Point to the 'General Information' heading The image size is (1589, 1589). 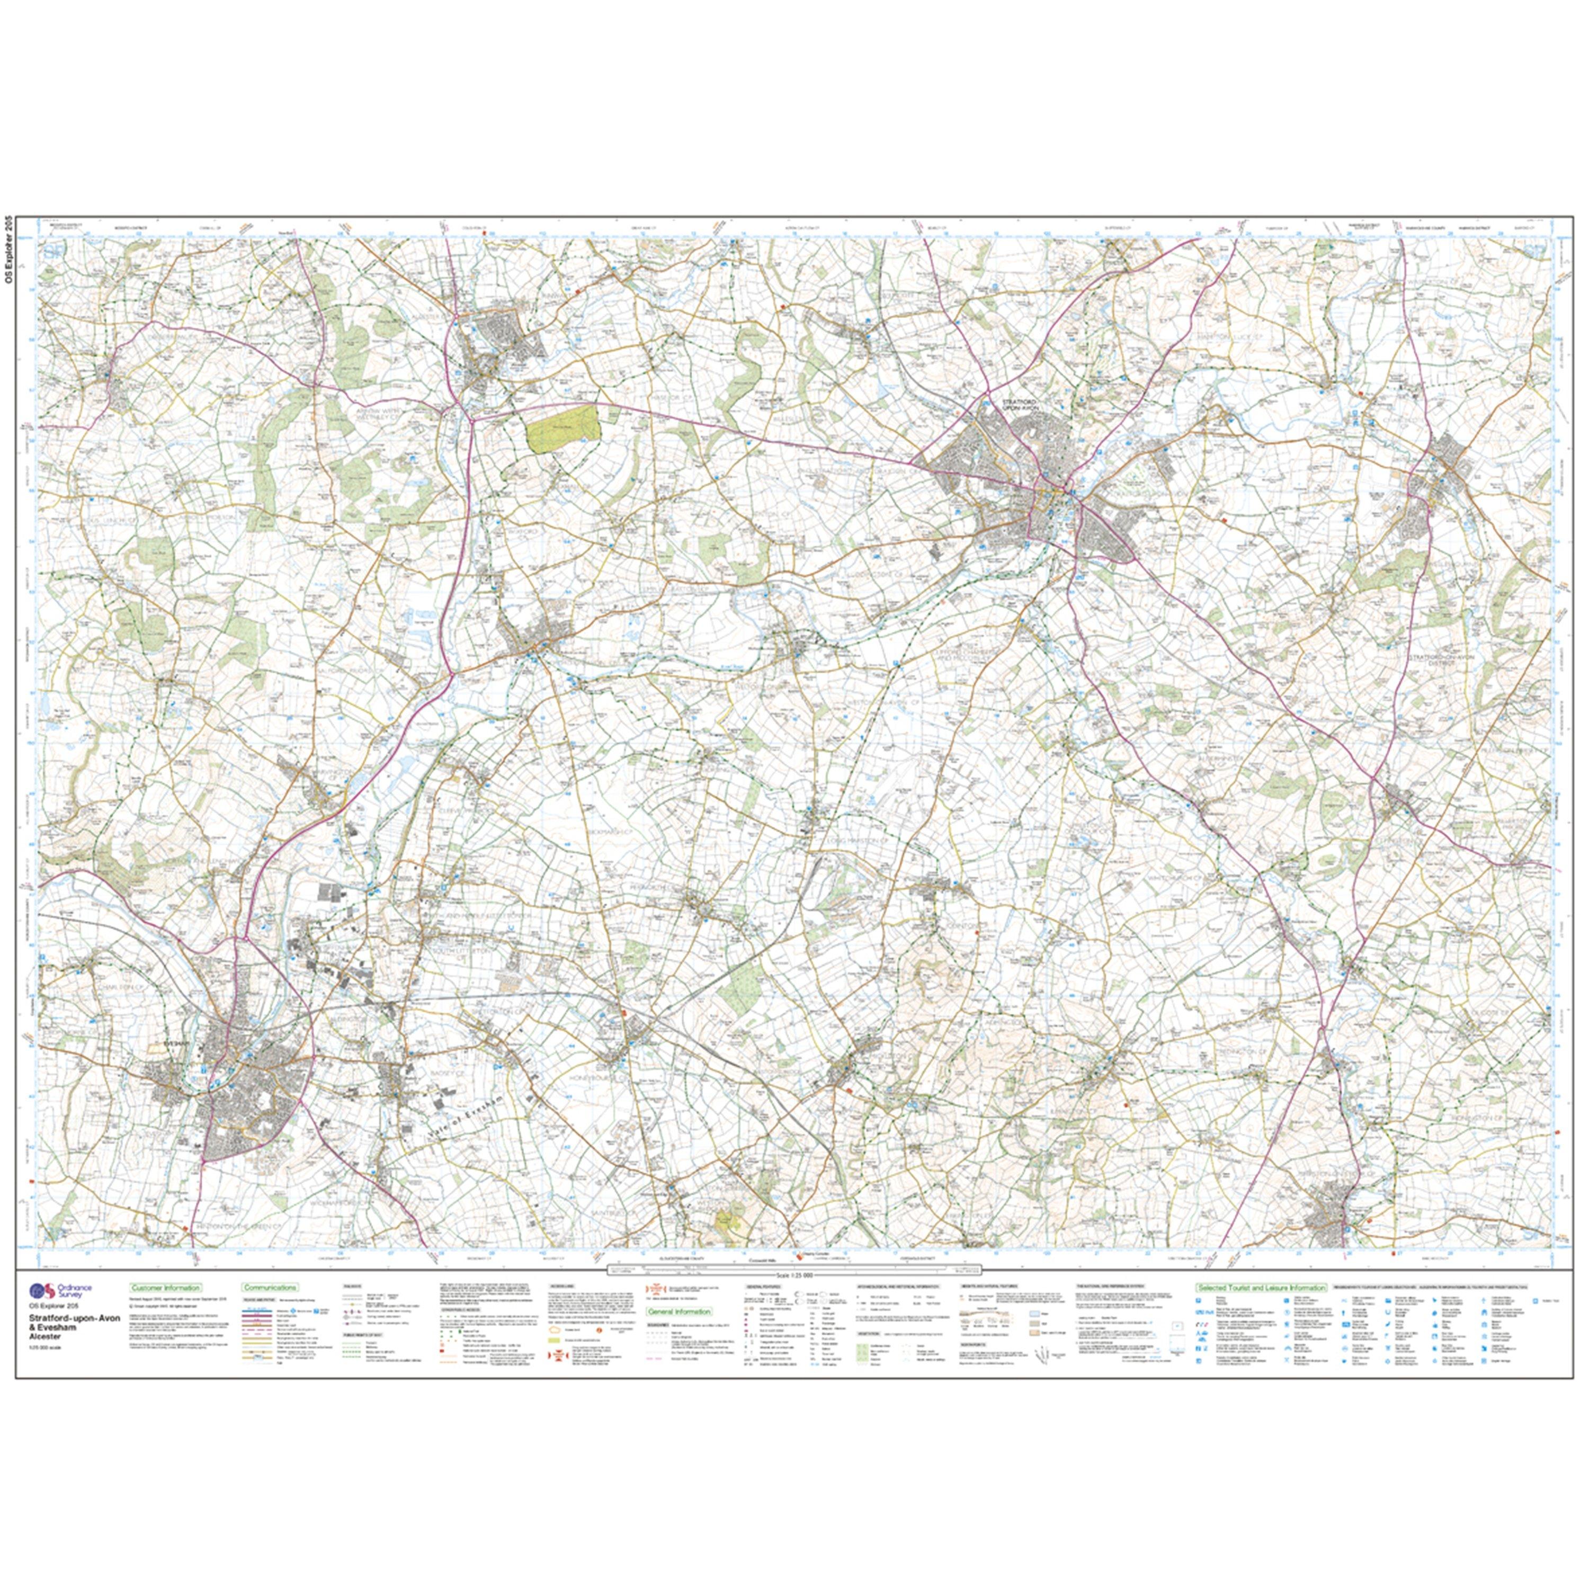tap(680, 1312)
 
